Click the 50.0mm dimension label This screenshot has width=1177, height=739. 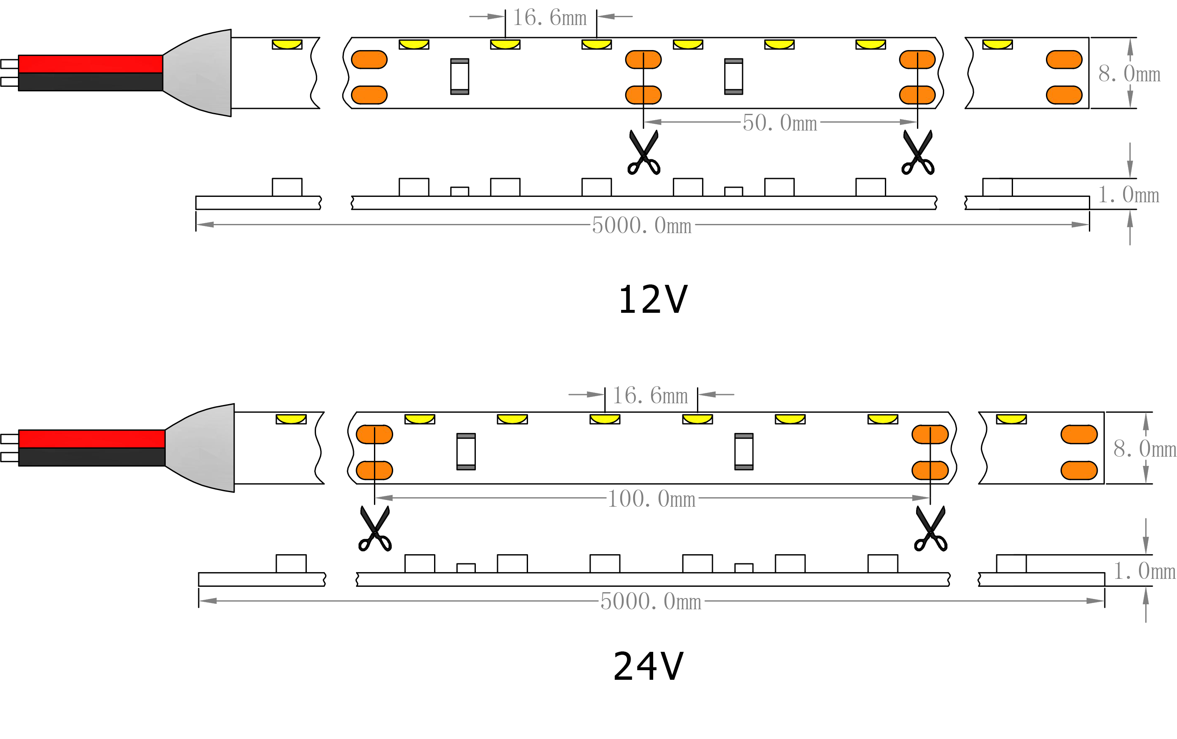[x=780, y=123]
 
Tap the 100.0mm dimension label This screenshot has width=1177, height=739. [x=651, y=499]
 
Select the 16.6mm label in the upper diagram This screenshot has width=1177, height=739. [x=549, y=18]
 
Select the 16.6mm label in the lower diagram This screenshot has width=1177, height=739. [x=650, y=395]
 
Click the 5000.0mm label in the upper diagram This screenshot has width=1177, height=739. [x=641, y=225]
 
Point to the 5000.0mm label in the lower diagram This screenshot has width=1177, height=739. [x=651, y=601]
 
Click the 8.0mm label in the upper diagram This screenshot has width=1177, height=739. [x=1129, y=74]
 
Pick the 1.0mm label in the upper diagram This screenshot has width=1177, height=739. [x=1128, y=195]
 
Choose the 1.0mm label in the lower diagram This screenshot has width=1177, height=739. [x=1144, y=571]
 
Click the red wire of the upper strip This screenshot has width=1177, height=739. [x=91, y=64]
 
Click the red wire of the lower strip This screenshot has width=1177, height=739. [x=91, y=439]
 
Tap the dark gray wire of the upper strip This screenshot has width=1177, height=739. [x=91, y=82]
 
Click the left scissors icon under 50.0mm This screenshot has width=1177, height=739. [x=644, y=153]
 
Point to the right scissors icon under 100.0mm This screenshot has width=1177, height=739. [x=931, y=529]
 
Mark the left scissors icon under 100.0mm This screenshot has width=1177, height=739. [x=375, y=529]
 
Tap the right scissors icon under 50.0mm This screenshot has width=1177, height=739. [x=918, y=153]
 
